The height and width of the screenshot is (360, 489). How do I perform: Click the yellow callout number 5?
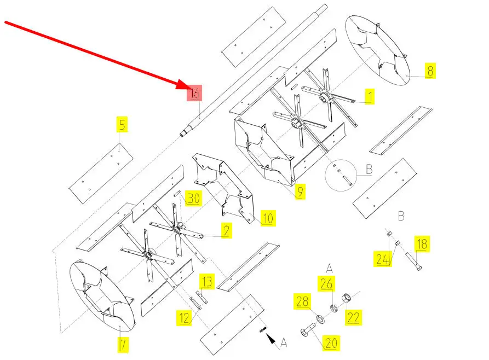pyautogui.click(x=122, y=124)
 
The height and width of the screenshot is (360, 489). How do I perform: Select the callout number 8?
pyautogui.click(x=430, y=71)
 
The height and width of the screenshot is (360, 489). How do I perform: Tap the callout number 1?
pyautogui.click(x=370, y=97)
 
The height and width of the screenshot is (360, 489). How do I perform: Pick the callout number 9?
pyautogui.click(x=300, y=191)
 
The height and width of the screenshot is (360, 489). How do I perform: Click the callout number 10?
pyautogui.click(x=268, y=219)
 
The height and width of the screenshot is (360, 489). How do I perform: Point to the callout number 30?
pyautogui.click(x=192, y=198)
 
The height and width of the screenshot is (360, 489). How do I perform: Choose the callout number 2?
pyautogui.click(x=226, y=230)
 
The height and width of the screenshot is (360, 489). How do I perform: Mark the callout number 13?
pyautogui.click(x=206, y=282)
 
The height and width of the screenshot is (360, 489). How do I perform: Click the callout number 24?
pyautogui.click(x=383, y=258)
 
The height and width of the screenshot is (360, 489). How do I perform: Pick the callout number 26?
pyautogui.click(x=326, y=284)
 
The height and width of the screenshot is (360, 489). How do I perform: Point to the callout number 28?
pyautogui.click(x=303, y=301)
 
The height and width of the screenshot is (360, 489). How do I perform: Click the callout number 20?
pyautogui.click(x=331, y=343)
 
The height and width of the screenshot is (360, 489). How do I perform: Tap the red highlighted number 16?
pyautogui.click(x=194, y=93)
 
